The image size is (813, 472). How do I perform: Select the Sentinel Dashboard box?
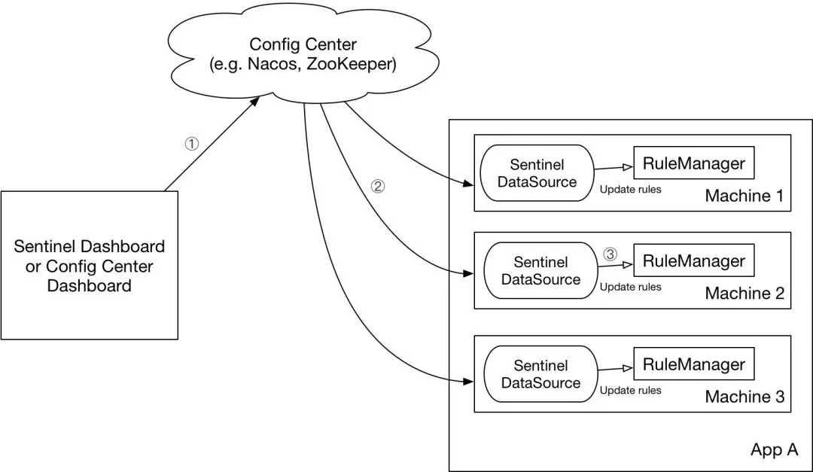coord(89,265)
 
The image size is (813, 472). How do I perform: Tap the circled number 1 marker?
coord(192,144)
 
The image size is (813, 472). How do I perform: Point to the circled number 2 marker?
coord(378,187)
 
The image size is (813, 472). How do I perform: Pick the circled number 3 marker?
coord(610,254)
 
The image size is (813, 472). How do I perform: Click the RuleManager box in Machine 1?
coord(693,163)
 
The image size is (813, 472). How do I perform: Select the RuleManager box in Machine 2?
coord(693,261)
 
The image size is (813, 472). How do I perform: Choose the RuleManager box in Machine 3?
coord(693,364)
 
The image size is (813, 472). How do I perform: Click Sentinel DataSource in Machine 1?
coord(537,173)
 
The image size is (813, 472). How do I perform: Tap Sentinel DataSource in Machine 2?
coord(540,271)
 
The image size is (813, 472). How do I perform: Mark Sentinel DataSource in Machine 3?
coord(540,374)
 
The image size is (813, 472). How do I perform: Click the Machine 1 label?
coord(744,196)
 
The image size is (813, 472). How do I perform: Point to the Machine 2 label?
coord(744,294)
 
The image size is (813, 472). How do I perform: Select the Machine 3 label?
coord(744,397)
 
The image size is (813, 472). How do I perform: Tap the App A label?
coord(774,450)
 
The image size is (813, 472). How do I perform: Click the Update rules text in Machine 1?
coord(630,189)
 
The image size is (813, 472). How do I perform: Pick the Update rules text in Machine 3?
coord(630,390)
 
